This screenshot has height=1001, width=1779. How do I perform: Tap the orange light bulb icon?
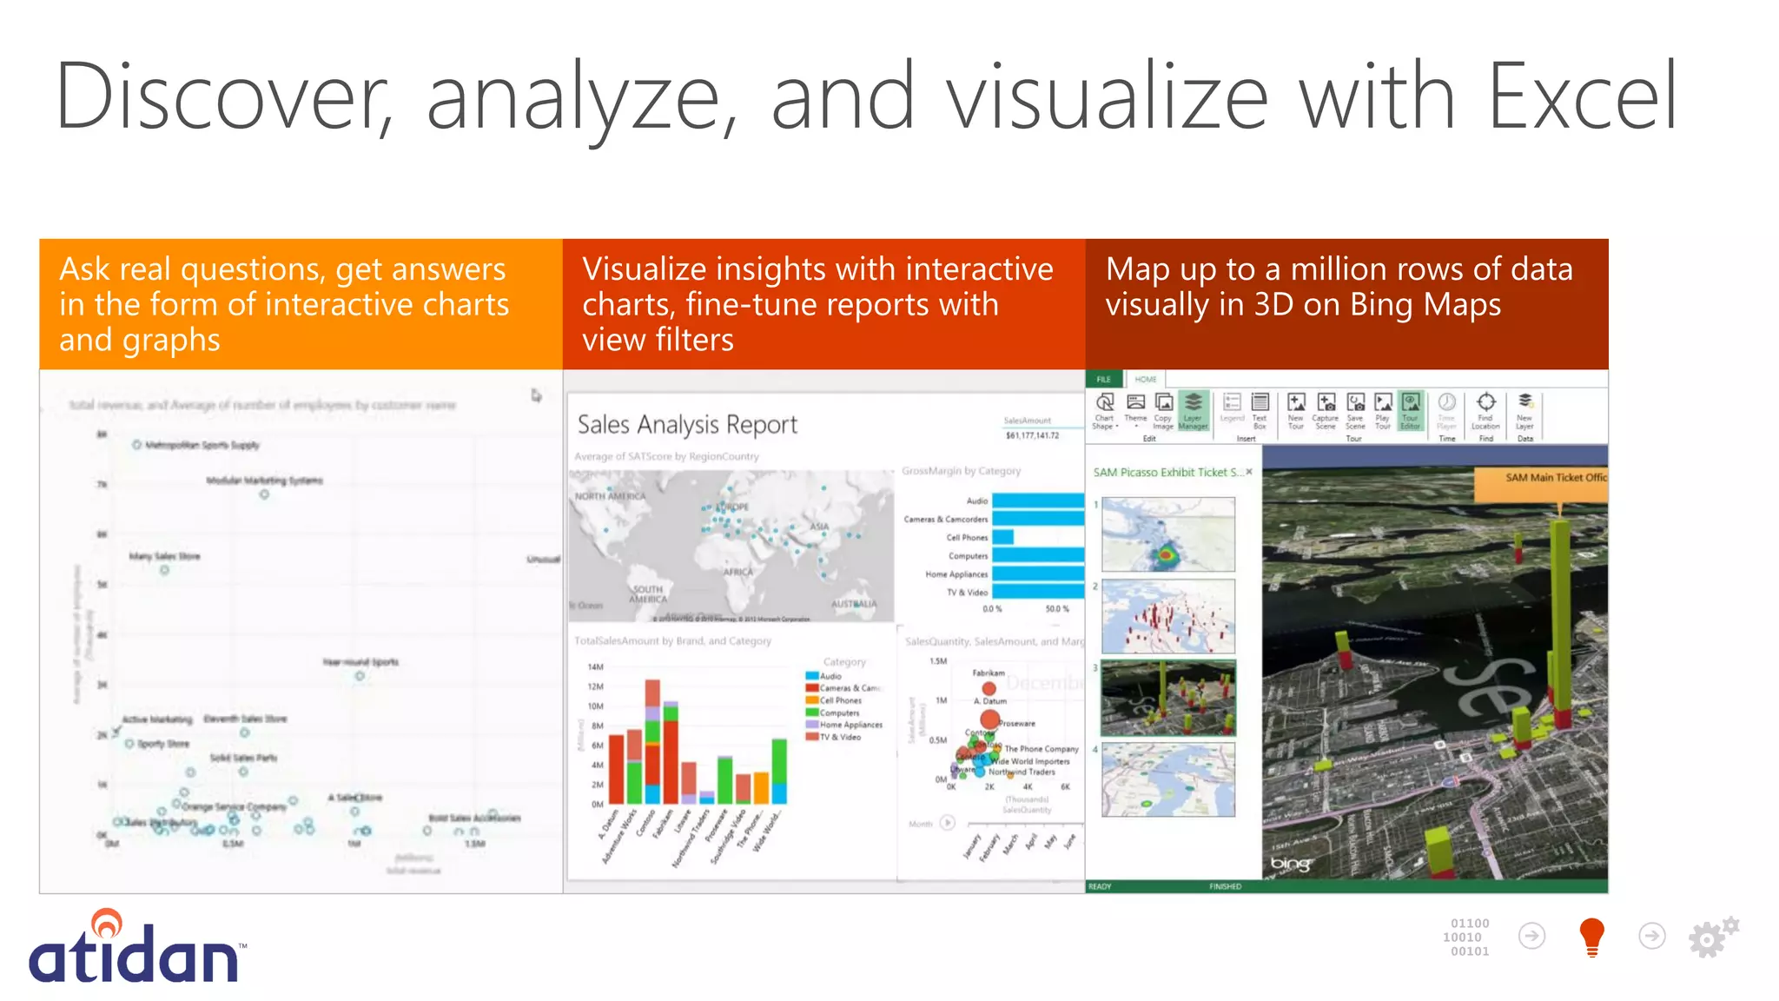click(x=1591, y=937)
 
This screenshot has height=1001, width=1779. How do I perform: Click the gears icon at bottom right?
click(x=1712, y=937)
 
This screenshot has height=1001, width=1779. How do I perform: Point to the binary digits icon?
click(x=1468, y=937)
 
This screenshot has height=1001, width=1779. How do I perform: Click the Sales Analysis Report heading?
click(x=686, y=425)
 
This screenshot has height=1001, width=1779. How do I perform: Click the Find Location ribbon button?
click(x=1485, y=409)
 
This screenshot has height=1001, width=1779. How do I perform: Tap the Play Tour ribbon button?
click(x=1383, y=409)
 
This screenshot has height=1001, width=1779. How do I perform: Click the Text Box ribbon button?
click(x=1260, y=409)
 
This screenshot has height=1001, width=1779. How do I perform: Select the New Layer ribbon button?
click(x=1524, y=409)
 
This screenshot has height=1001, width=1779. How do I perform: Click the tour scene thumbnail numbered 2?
click(x=1168, y=616)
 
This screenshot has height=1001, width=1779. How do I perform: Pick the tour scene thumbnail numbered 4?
click(x=1168, y=779)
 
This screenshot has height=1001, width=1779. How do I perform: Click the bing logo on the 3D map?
click(x=1289, y=864)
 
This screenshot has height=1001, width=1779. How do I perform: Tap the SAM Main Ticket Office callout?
click(x=1546, y=478)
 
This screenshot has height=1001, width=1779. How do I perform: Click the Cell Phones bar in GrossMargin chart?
click(x=1002, y=538)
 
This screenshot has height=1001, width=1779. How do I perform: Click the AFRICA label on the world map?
click(x=738, y=572)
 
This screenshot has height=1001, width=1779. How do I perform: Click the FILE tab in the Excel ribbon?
click(x=1103, y=380)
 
